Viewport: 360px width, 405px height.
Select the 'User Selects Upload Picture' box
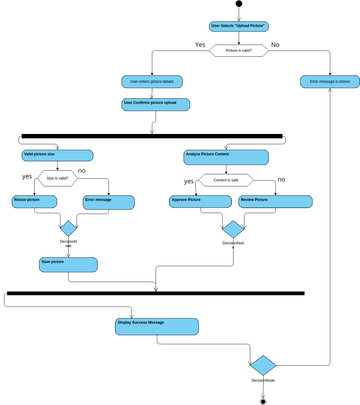[238, 26]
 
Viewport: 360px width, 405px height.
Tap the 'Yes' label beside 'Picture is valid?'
[200, 45]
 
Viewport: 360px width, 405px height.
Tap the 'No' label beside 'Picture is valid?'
[275, 45]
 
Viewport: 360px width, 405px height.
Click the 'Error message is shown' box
[329, 80]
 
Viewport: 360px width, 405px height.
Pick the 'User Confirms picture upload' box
[155, 103]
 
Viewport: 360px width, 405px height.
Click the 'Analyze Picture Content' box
[225, 156]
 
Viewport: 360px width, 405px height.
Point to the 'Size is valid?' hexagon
[58, 178]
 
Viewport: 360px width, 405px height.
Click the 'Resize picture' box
[37, 202]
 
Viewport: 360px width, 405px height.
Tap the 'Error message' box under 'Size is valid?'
[108, 202]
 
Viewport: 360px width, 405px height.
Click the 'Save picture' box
[68, 264]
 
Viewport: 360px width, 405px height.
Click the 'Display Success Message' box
[157, 324]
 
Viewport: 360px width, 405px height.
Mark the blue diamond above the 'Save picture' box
[69, 229]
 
